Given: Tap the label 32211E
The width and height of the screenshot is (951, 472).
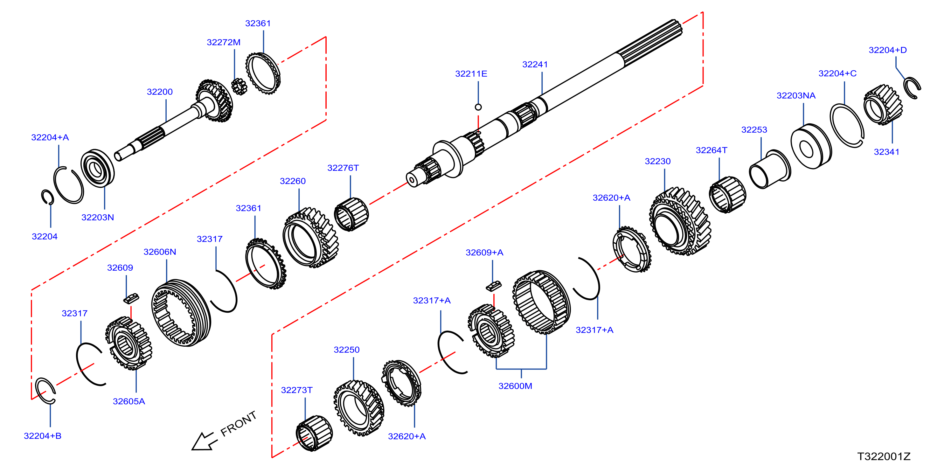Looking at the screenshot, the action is coord(471,73).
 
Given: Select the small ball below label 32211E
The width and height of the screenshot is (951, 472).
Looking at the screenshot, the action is coord(478,107).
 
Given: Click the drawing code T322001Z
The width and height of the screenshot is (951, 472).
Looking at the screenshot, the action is coord(884,456).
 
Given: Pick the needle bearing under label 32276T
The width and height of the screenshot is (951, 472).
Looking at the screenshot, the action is coord(351,214).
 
